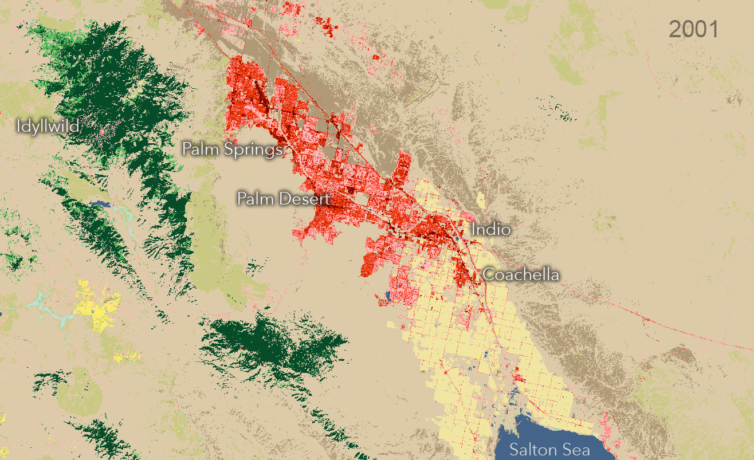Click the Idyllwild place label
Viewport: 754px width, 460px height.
(48, 126)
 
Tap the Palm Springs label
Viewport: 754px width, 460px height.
(232, 149)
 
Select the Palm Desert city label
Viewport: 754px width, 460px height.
(284, 199)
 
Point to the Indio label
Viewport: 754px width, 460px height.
(490, 229)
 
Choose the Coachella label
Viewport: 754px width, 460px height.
(521, 274)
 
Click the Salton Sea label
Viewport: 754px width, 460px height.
(550, 449)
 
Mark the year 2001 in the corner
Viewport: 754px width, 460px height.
(693, 29)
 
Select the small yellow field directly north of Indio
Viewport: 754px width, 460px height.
(480, 201)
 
